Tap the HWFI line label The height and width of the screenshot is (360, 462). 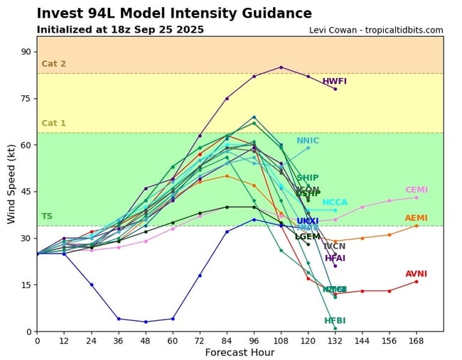(x=335, y=82)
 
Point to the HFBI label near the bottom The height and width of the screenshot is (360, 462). (x=335, y=321)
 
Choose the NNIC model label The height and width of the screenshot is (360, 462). (x=308, y=141)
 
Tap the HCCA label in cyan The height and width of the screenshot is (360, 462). (x=335, y=203)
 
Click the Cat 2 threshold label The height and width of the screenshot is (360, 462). (x=53, y=64)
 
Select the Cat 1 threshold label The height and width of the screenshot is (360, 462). (x=53, y=124)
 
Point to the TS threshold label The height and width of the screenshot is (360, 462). (x=47, y=217)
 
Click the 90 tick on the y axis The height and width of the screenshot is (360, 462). (x=25, y=52)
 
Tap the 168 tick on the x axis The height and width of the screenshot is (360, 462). (x=417, y=341)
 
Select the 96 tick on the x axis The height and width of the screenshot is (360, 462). (x=254, y=341)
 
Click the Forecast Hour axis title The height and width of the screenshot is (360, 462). (x=240, y=353)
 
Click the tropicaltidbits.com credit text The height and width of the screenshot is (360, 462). (x=376, y=31)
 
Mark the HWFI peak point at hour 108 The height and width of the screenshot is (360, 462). (x=281, y=67)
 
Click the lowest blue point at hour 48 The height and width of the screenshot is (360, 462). (x=146, y=322)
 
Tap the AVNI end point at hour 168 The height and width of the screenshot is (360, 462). (x=417, y=281)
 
